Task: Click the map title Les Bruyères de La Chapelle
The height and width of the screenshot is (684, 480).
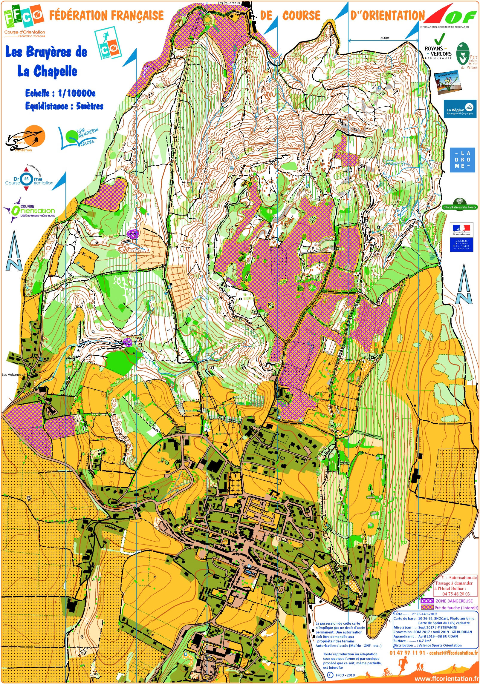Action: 46,61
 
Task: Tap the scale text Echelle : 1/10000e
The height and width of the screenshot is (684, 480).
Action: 60,93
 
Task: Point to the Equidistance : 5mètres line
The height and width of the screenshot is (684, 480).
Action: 64,106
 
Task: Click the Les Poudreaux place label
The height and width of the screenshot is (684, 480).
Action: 229,3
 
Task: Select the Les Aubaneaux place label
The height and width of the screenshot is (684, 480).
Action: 13,374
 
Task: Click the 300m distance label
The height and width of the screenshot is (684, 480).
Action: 384,38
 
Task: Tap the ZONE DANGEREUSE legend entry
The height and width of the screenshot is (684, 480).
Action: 454,601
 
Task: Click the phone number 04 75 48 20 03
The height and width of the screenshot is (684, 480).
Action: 456,594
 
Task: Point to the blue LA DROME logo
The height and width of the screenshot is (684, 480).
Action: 462,160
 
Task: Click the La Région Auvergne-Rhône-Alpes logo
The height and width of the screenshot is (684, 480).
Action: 460,109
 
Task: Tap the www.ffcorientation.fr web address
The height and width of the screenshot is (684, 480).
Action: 447,679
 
